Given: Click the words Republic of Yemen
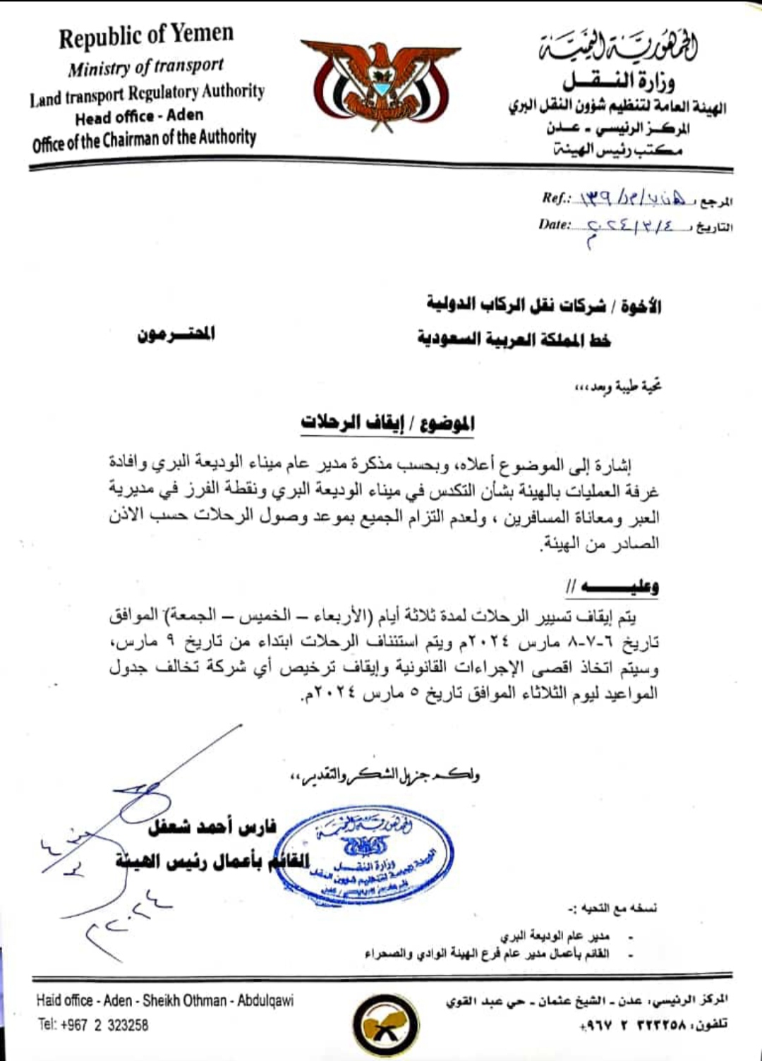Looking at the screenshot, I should click(146, 36).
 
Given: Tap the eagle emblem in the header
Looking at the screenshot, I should click(380, 85).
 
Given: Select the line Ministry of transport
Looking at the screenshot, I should click(146, 67).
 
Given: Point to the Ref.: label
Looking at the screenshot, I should click(556, 198).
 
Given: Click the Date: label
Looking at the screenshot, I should click(554, 224).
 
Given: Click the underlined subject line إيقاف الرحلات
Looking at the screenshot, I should click(387, 423).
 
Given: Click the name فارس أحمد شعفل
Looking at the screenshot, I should click(212, 826).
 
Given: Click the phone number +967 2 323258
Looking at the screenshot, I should click(93, 1024).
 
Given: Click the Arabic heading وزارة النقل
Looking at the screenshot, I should click(619, 81).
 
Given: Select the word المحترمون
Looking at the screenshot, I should click(176, 334).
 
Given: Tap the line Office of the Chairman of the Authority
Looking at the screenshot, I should click(144, 140).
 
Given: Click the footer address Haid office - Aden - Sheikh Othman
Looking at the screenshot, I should click(165, 1000).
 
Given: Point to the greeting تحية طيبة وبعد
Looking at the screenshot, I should click(618, 386).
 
